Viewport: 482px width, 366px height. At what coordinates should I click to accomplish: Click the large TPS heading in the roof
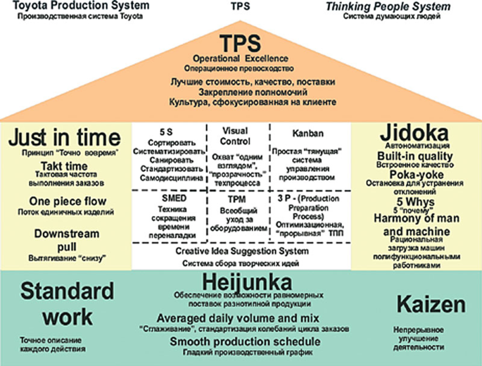click(x=241, y=44)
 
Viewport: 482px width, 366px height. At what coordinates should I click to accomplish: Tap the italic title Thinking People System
click(x=388, y=7)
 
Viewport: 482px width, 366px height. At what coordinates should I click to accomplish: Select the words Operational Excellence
click(x=241, y=59)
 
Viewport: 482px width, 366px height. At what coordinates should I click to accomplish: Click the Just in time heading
click(x=64, y=138)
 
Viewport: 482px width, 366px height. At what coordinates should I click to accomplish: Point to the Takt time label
click(x=64, y=166)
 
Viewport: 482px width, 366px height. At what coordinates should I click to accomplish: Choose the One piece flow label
click(x=68, y=201)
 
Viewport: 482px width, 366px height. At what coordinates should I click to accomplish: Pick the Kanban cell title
click(x=308, y=133)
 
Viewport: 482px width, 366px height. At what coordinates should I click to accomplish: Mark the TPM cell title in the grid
click(x=237, y=199)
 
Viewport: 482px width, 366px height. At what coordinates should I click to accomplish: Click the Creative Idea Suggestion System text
click(x=242, y=251)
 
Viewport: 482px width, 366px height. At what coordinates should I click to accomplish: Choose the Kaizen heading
click(x=431, y=304)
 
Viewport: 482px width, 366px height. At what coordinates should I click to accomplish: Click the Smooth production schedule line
click(x=245, y=342)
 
